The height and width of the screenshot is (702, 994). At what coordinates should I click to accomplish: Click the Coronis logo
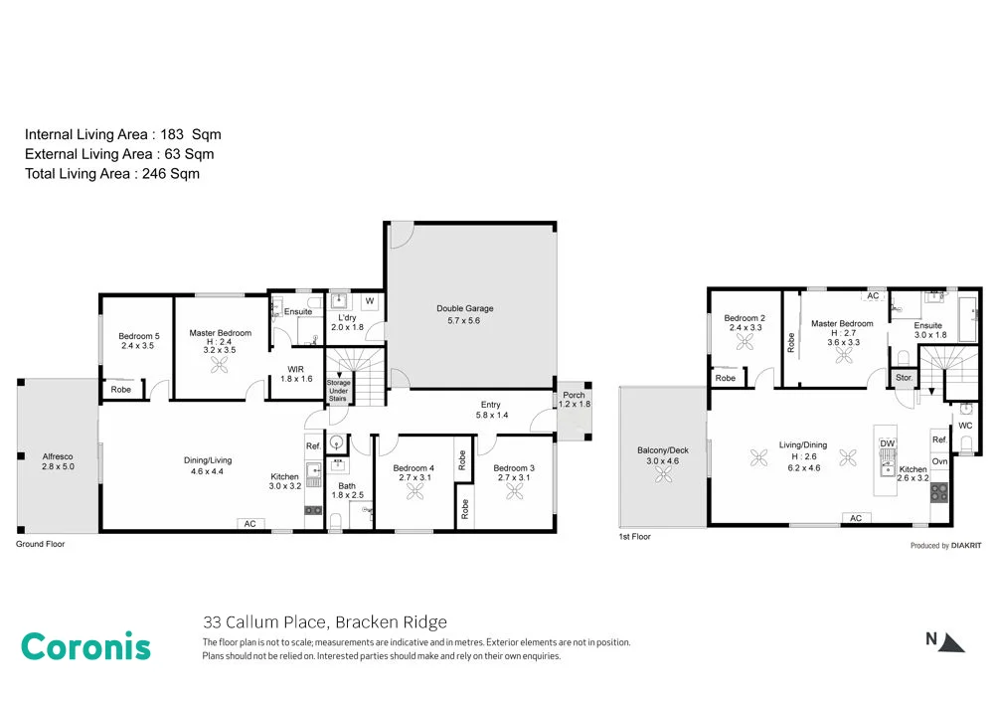coord(85,646)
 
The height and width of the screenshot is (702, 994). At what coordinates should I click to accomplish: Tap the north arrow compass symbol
coord(946,641)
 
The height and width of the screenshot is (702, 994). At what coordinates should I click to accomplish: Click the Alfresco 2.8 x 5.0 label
coord(59,460)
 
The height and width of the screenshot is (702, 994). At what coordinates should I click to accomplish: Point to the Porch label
coord(574,400)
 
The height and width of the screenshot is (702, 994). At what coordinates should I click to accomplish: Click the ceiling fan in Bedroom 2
coord(745,341)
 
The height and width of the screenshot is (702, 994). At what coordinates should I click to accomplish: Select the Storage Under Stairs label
coord(338,391)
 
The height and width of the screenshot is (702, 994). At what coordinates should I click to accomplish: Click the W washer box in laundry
coord(368,301)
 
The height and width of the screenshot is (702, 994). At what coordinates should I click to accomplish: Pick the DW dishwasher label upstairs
coord(888,443)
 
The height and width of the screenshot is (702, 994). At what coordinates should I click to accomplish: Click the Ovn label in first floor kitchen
coord(939,461)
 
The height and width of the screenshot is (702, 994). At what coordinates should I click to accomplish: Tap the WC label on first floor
coord(964,426)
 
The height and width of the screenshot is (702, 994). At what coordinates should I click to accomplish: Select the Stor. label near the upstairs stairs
coord(904,378)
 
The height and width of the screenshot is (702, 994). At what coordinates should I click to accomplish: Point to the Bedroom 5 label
coord(137,340)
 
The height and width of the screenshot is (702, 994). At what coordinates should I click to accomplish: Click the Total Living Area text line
coord(112,174)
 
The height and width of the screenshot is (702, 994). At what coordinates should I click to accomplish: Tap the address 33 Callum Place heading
coord(324,622)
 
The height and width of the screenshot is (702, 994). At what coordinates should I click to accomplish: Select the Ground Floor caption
coord(41,545)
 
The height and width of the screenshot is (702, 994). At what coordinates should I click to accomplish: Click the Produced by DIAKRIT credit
coord(946,545)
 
